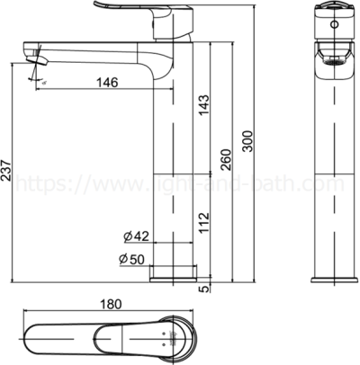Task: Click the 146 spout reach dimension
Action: coord(107,83)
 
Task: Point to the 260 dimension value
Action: coord(227,159)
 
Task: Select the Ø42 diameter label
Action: coord(135,236)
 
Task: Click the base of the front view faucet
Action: coord(328,273)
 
